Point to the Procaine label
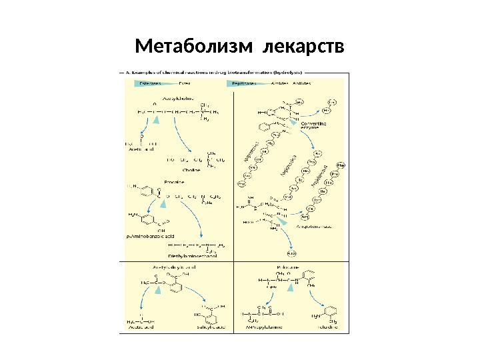[x=173, y=181]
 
